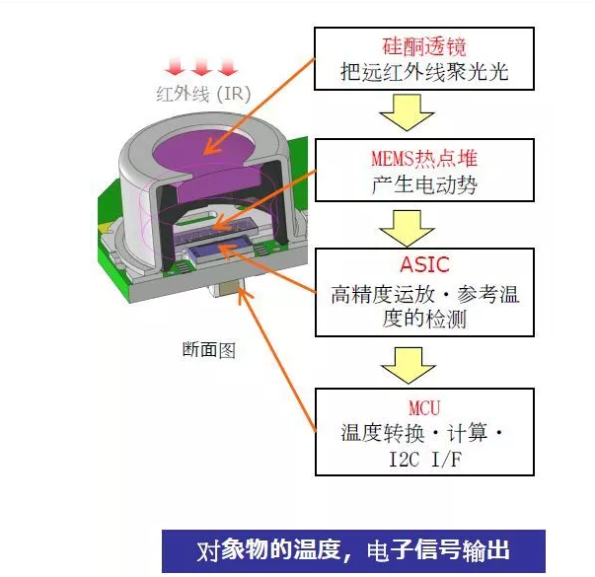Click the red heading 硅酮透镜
coord(424,45)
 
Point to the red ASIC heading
coord(424,264)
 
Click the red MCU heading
coord(424,405)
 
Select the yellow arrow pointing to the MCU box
coord(407,364)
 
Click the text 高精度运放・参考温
coord(424,293)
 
